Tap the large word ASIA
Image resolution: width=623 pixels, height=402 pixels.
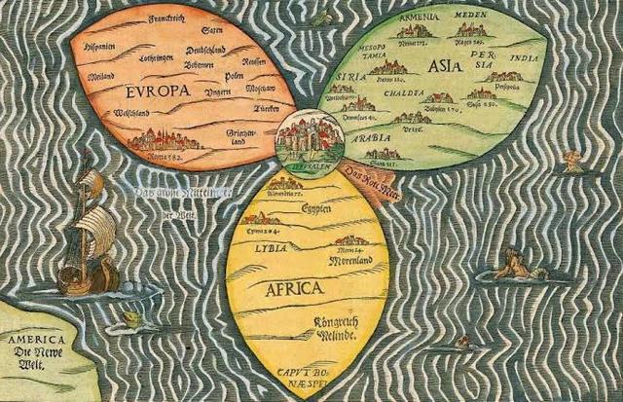445,67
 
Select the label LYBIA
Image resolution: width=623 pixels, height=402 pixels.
259,247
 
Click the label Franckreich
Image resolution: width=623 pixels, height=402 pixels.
161,19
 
